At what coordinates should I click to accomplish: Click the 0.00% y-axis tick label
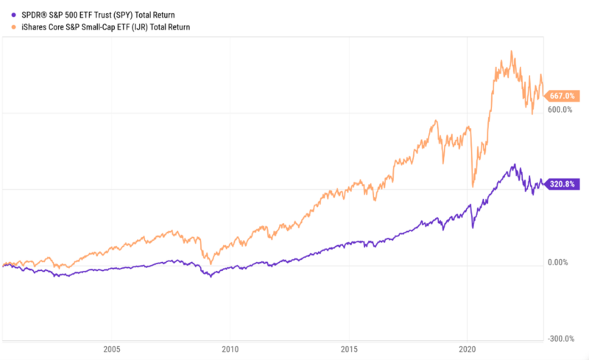click(560, 263)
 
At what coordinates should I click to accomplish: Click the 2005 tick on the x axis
click(112, 350)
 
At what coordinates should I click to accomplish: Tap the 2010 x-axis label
click(230, 350)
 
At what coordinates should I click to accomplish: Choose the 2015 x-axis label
click(350, 350)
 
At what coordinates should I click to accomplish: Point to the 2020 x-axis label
click(468, 350)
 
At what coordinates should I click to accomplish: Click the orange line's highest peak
click(512, 52)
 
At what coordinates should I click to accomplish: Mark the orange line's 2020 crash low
click(473, 187)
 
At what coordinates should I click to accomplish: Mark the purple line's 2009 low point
click(210, 277)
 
